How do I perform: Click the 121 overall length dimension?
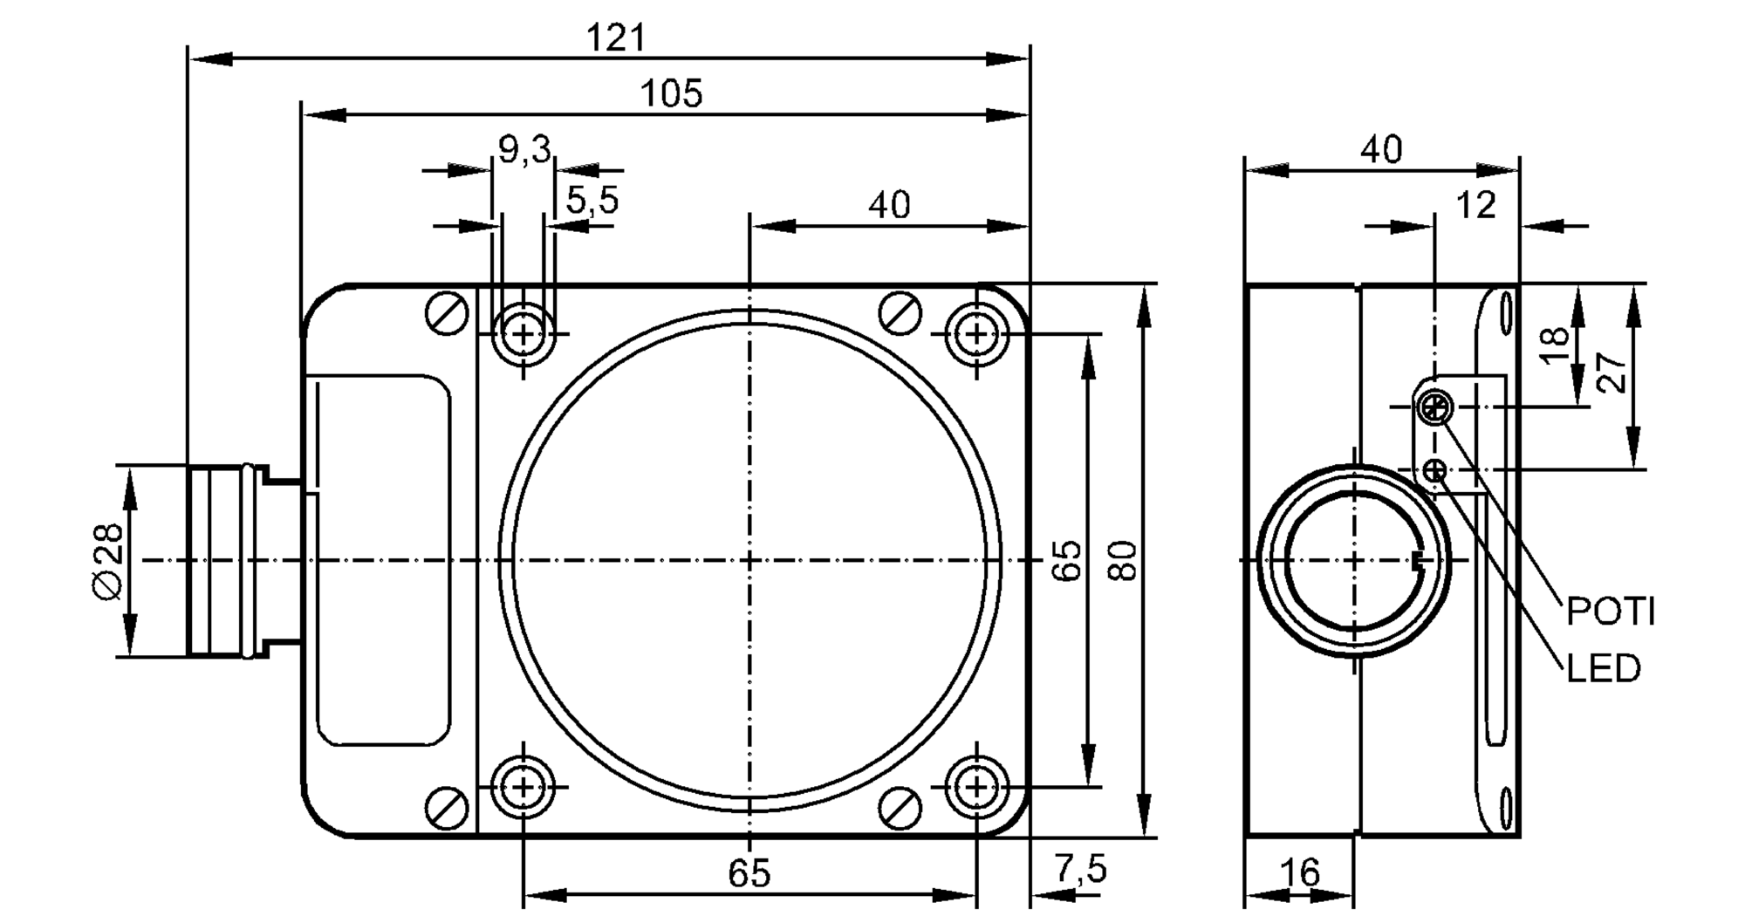click(x=616, y=38)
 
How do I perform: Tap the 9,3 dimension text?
click(x=524, y=150)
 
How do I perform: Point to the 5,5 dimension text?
click(x=592, y=202)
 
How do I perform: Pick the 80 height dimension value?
click(x=1124, y=561)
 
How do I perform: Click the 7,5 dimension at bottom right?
click(x=1080, y=869)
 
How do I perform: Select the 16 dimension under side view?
click(x=1300, y=872)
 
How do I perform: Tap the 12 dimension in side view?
click(x=1475, y=206)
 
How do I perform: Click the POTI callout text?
click(x=1611, y=612)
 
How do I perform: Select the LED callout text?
click(x=1604, y=669)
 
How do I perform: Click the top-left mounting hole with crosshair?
click(x=523, y=333)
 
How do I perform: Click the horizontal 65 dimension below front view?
click(x=749, y=873)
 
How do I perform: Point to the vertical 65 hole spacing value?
click(x=1067, y=561)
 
